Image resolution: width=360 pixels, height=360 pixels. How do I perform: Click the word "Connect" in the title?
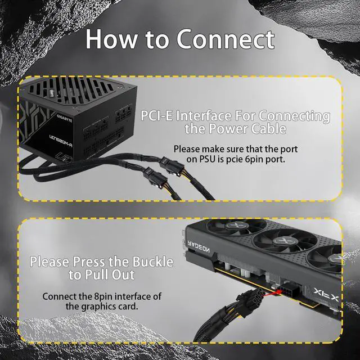point(226,39)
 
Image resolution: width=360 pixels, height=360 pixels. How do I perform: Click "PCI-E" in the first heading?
point(158,116)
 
